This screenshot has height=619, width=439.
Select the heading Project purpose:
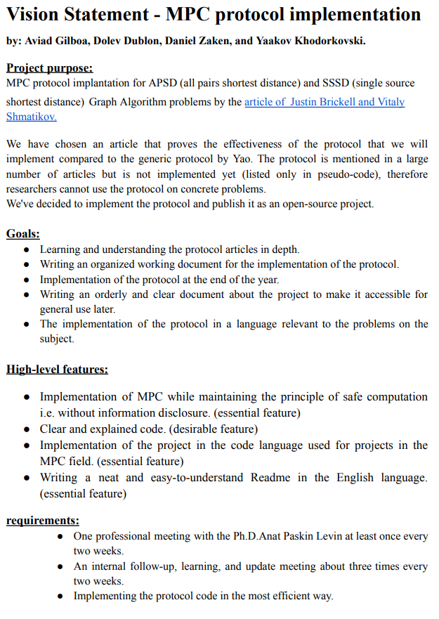pyautogui.click(x=49, y=68)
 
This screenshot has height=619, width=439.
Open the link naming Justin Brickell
pyautogui.click(x=325, y=102)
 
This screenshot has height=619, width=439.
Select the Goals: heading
pyautogui.click(x=23, y=233)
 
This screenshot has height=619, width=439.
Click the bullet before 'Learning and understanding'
pyautogui.click(x=26, y=249)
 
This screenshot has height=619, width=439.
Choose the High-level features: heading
pyautogui.click(x=57, y=369)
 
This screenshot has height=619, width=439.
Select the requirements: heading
pyautogui.click(x=42, y=521)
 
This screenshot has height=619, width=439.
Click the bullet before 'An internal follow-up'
pyautogui.click(x=60, y=567)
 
